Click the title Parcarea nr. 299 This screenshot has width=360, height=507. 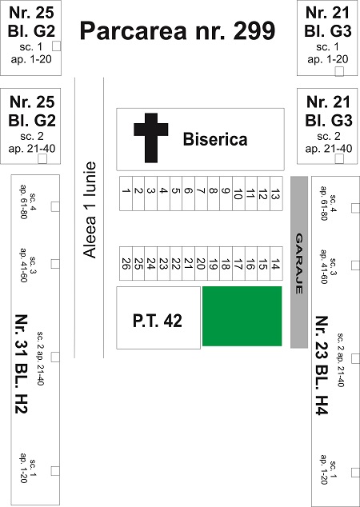click(178, 30)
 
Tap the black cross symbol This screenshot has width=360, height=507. click(151, 138)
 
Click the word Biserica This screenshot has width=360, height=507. click(215, 139)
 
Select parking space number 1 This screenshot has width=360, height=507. click(126, 194)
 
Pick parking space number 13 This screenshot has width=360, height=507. click(276, 194)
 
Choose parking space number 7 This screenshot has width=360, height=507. click(201, 194)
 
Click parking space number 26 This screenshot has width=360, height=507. click(126, 264)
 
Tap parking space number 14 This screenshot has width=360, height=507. click(276, 264)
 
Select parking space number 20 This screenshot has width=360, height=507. click(201, 264)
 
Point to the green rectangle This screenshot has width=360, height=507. click(242, 316)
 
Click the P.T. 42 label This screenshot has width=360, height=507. click(158, 321)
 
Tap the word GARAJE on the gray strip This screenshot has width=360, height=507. click(299, 264)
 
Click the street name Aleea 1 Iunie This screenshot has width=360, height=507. click(90, 210)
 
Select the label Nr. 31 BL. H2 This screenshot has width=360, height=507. click(22, 364)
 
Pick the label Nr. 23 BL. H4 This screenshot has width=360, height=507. click(322, 365)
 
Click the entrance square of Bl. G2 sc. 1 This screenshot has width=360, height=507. click(56, 46)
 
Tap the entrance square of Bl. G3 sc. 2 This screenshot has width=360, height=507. click(339, 159)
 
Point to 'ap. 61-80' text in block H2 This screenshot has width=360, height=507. click(23, 202)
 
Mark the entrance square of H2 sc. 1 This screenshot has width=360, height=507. click(55, 471)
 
